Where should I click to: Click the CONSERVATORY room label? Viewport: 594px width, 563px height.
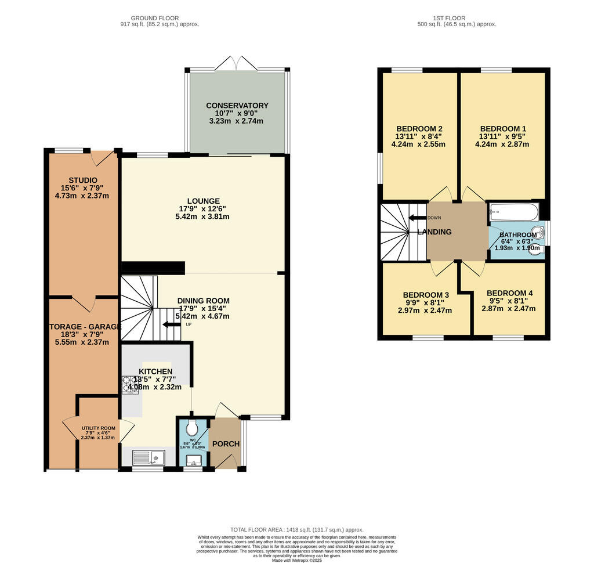point(237,106)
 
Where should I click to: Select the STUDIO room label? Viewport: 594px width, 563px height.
point(83,180)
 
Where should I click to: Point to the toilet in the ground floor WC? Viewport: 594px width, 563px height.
point(192,429)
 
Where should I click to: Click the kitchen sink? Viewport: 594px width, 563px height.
point(149,458)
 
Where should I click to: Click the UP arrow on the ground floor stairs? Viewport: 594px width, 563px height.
point(172,325)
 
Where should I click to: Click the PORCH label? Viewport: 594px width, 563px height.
point(226,444)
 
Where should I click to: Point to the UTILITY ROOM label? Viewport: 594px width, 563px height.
point(98,428)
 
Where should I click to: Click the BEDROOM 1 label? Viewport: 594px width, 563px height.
point(503,129)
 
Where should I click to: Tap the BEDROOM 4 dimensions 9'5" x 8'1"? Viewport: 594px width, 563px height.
point(509,301)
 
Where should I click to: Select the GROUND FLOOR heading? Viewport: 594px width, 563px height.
point(154,18)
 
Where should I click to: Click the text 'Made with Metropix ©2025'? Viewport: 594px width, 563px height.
point(296,559)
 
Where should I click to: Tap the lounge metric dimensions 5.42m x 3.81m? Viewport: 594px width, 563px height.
point(202,216)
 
